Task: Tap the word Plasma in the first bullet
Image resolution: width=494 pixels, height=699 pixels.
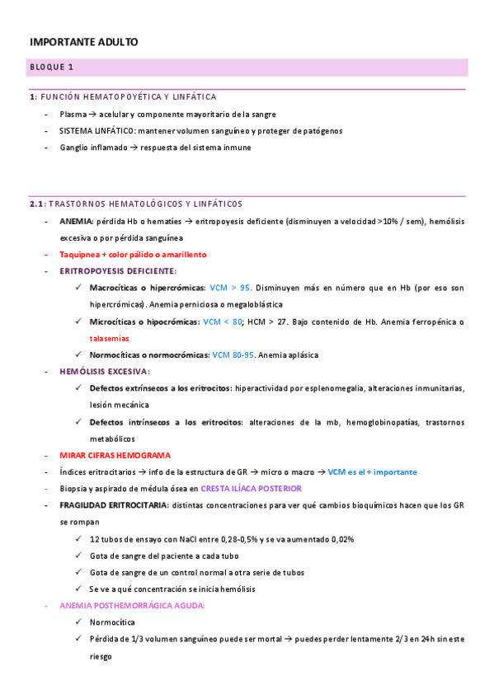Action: tap(73, 115)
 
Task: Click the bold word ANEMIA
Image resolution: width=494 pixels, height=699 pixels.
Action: tap(76, 222)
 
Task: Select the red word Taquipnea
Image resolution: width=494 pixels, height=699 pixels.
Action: tap(81, 255)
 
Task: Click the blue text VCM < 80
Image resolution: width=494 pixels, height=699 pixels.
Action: tap(222, 321)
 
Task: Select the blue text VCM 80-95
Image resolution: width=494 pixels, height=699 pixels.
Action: tap(234, 355)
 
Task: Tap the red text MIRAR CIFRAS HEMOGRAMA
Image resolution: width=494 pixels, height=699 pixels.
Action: tap(115, 456)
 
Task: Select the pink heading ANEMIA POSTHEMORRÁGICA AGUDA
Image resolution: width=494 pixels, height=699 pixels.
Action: tap(132, 606)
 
